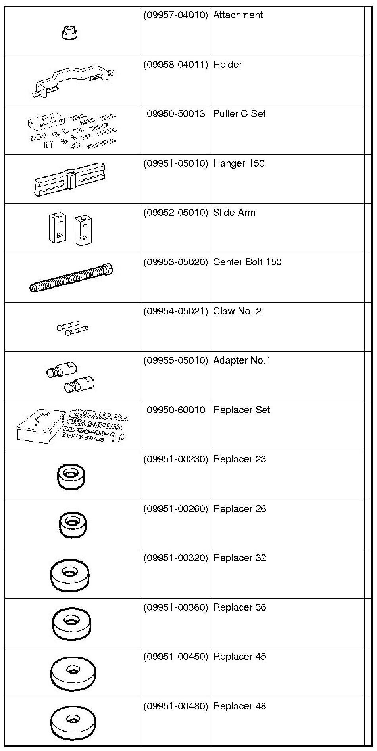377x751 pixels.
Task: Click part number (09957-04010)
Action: pyautogui.click(x=175, y=15)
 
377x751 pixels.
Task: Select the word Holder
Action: pyautogui.click(x=227, y=65)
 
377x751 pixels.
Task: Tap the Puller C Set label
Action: pyautogui.click(x=239, y=114)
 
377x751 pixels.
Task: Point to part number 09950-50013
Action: pyautogui.click(x=176, y=114)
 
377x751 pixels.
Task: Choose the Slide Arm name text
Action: pyautogui.click(x=234, y=213)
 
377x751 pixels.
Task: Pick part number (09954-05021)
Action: pyautogui.click(x=175, y=311)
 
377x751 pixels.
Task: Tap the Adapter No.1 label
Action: pyautogui.click(x=242, y=360)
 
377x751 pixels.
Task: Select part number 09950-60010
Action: pyautogui.click(x=176, y=410)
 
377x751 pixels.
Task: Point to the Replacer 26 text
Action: pyautogui.click(x=239, y=509)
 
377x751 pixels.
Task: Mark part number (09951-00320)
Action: pyautogui.click(x=175, y=558)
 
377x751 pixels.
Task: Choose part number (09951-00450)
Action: pyautogui.click(x=175, y=657)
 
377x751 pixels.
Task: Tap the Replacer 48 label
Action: pyautogui.click(x=239, y=706)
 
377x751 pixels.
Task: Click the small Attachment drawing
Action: pyautogui.click(x=70, y=33)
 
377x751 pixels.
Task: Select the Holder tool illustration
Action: pyautogui.click(x=73, y=81)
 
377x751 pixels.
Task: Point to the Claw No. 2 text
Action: pyautogui.click(x=237, y=311)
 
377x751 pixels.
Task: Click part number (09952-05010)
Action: pyautogui.click(x=175, y=213)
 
